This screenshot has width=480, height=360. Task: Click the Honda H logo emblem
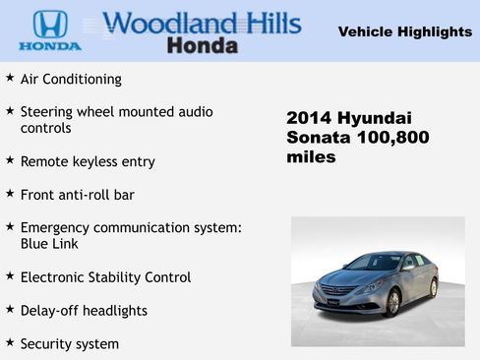[49, 24]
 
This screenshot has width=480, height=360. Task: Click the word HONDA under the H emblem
[49, 45]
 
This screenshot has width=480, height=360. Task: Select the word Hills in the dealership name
[267, 23]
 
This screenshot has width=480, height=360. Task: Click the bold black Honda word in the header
[202, 45]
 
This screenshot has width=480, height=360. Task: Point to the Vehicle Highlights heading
[404, 31]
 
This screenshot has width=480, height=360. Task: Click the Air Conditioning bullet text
[71, 79]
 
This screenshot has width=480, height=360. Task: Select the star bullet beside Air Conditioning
[10, 78]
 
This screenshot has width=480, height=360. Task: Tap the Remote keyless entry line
[88, 161]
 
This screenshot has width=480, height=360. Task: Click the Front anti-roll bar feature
[77, 195]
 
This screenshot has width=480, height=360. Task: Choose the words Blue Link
[49, 244]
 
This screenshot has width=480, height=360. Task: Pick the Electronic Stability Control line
[105, 277]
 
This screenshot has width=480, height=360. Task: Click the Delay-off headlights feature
[84, 311]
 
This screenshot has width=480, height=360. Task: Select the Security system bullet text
[69, 344]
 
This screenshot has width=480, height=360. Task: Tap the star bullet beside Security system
[10, 343]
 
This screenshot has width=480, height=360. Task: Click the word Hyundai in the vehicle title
[377, 118]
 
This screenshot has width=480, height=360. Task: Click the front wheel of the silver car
[392, 301]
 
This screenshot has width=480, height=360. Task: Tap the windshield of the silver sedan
[372, 264]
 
